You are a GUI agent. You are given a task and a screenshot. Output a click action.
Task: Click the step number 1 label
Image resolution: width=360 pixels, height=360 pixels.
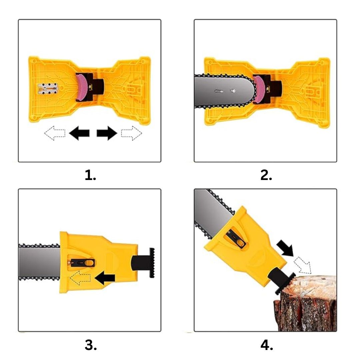point(90,175)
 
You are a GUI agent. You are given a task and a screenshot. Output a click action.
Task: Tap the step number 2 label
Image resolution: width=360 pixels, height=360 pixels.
point(266,175)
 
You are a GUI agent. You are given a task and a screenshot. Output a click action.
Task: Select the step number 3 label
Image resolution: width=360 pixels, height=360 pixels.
point(91,345)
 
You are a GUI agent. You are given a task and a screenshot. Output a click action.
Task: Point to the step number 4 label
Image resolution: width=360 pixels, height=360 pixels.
point(267,345)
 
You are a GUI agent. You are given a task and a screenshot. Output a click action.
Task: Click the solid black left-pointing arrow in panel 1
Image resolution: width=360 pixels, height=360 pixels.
point(79,133)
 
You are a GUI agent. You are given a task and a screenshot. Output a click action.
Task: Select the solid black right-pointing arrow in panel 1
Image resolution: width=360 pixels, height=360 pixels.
point(107,133)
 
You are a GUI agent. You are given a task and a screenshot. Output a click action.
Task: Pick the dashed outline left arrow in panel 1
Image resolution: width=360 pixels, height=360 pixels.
point(55,133)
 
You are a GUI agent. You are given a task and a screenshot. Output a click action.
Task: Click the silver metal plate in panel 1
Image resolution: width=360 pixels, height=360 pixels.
point(48,89)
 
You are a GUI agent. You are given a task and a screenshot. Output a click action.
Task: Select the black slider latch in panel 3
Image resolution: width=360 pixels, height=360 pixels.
point(82,263)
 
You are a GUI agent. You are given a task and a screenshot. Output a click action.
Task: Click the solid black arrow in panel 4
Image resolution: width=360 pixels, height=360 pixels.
point(285,248)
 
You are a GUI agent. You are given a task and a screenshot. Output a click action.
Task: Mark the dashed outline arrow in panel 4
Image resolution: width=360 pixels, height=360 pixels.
point(303,265)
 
